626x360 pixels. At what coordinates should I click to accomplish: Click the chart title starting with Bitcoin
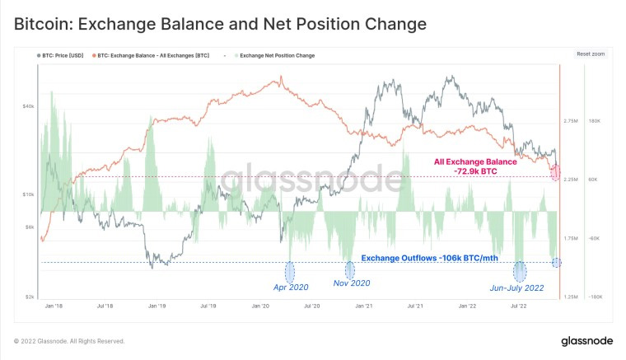coord(220,24)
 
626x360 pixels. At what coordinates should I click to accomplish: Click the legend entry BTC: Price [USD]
coord(63,56)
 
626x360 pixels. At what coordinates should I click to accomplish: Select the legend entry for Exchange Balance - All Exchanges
coord(153,56)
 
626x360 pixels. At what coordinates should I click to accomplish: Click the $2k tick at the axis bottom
coord(28,297)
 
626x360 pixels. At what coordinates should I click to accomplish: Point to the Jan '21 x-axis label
coord(364,305)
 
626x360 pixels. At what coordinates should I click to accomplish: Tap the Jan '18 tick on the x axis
coord(54,305)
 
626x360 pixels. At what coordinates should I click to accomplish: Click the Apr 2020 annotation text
coord(290,288)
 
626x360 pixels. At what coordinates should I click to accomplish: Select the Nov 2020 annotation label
coord(352,283)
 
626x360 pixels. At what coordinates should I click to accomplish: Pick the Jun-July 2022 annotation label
coord(517,288)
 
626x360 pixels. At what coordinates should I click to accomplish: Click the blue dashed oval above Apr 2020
coord(290,271)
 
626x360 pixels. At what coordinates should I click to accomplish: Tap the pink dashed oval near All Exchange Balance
coord(556,173)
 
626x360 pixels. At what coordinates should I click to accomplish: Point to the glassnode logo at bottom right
coord(586,341)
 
